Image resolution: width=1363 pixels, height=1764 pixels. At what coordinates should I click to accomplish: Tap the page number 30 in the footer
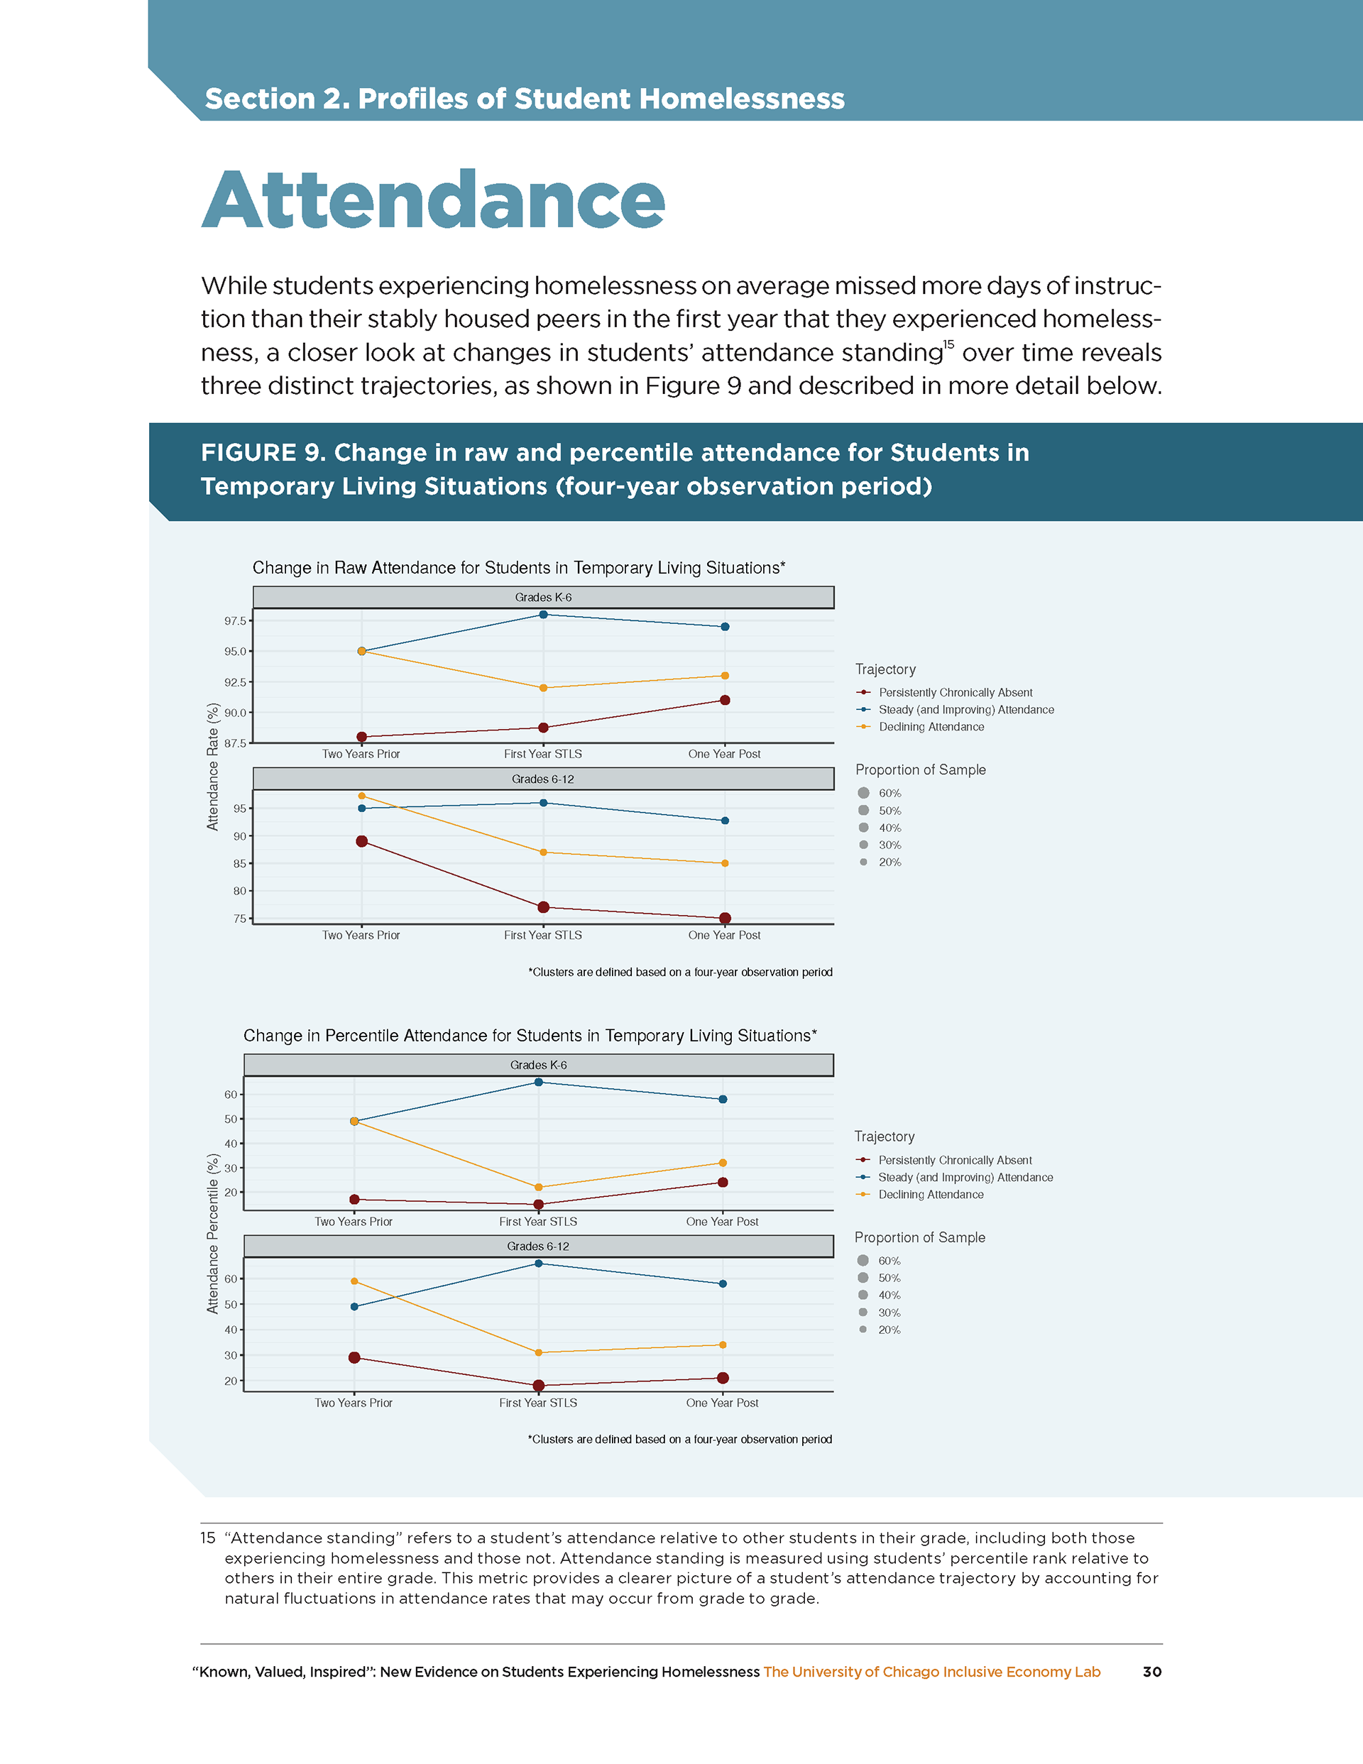1151,1672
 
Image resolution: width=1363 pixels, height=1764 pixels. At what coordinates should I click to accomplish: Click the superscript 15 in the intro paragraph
948,345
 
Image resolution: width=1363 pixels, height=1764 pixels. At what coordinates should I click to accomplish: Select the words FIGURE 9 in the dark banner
263,453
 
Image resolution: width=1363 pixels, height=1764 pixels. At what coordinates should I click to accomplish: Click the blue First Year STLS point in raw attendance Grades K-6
543,615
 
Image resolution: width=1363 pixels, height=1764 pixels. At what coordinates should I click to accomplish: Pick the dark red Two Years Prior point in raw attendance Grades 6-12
362,842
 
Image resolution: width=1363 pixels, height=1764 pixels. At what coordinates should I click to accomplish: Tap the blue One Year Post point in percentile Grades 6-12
722,1283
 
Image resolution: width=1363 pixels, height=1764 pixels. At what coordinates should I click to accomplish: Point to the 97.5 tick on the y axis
235,621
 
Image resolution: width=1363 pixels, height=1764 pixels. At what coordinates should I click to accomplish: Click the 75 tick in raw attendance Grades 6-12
240,919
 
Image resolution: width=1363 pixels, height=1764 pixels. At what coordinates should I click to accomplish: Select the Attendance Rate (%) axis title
213,767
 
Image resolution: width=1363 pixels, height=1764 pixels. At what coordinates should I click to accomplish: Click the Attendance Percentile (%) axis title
213,1233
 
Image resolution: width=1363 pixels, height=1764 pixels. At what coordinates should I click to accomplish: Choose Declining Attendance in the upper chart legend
931,727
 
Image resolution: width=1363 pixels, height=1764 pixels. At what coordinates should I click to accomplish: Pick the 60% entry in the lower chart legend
889,1261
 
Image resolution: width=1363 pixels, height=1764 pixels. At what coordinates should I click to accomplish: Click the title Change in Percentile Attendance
530,1036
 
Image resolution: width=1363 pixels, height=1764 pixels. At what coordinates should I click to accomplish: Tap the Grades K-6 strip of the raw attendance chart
543,598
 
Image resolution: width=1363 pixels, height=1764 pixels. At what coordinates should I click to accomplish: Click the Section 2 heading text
525,99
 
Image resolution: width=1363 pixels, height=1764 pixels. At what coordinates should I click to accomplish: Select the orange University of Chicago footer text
931,1672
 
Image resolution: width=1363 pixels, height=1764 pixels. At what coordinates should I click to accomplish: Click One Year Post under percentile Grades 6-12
722,1403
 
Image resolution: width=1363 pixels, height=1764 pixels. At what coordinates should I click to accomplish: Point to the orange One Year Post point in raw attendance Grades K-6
725,676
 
